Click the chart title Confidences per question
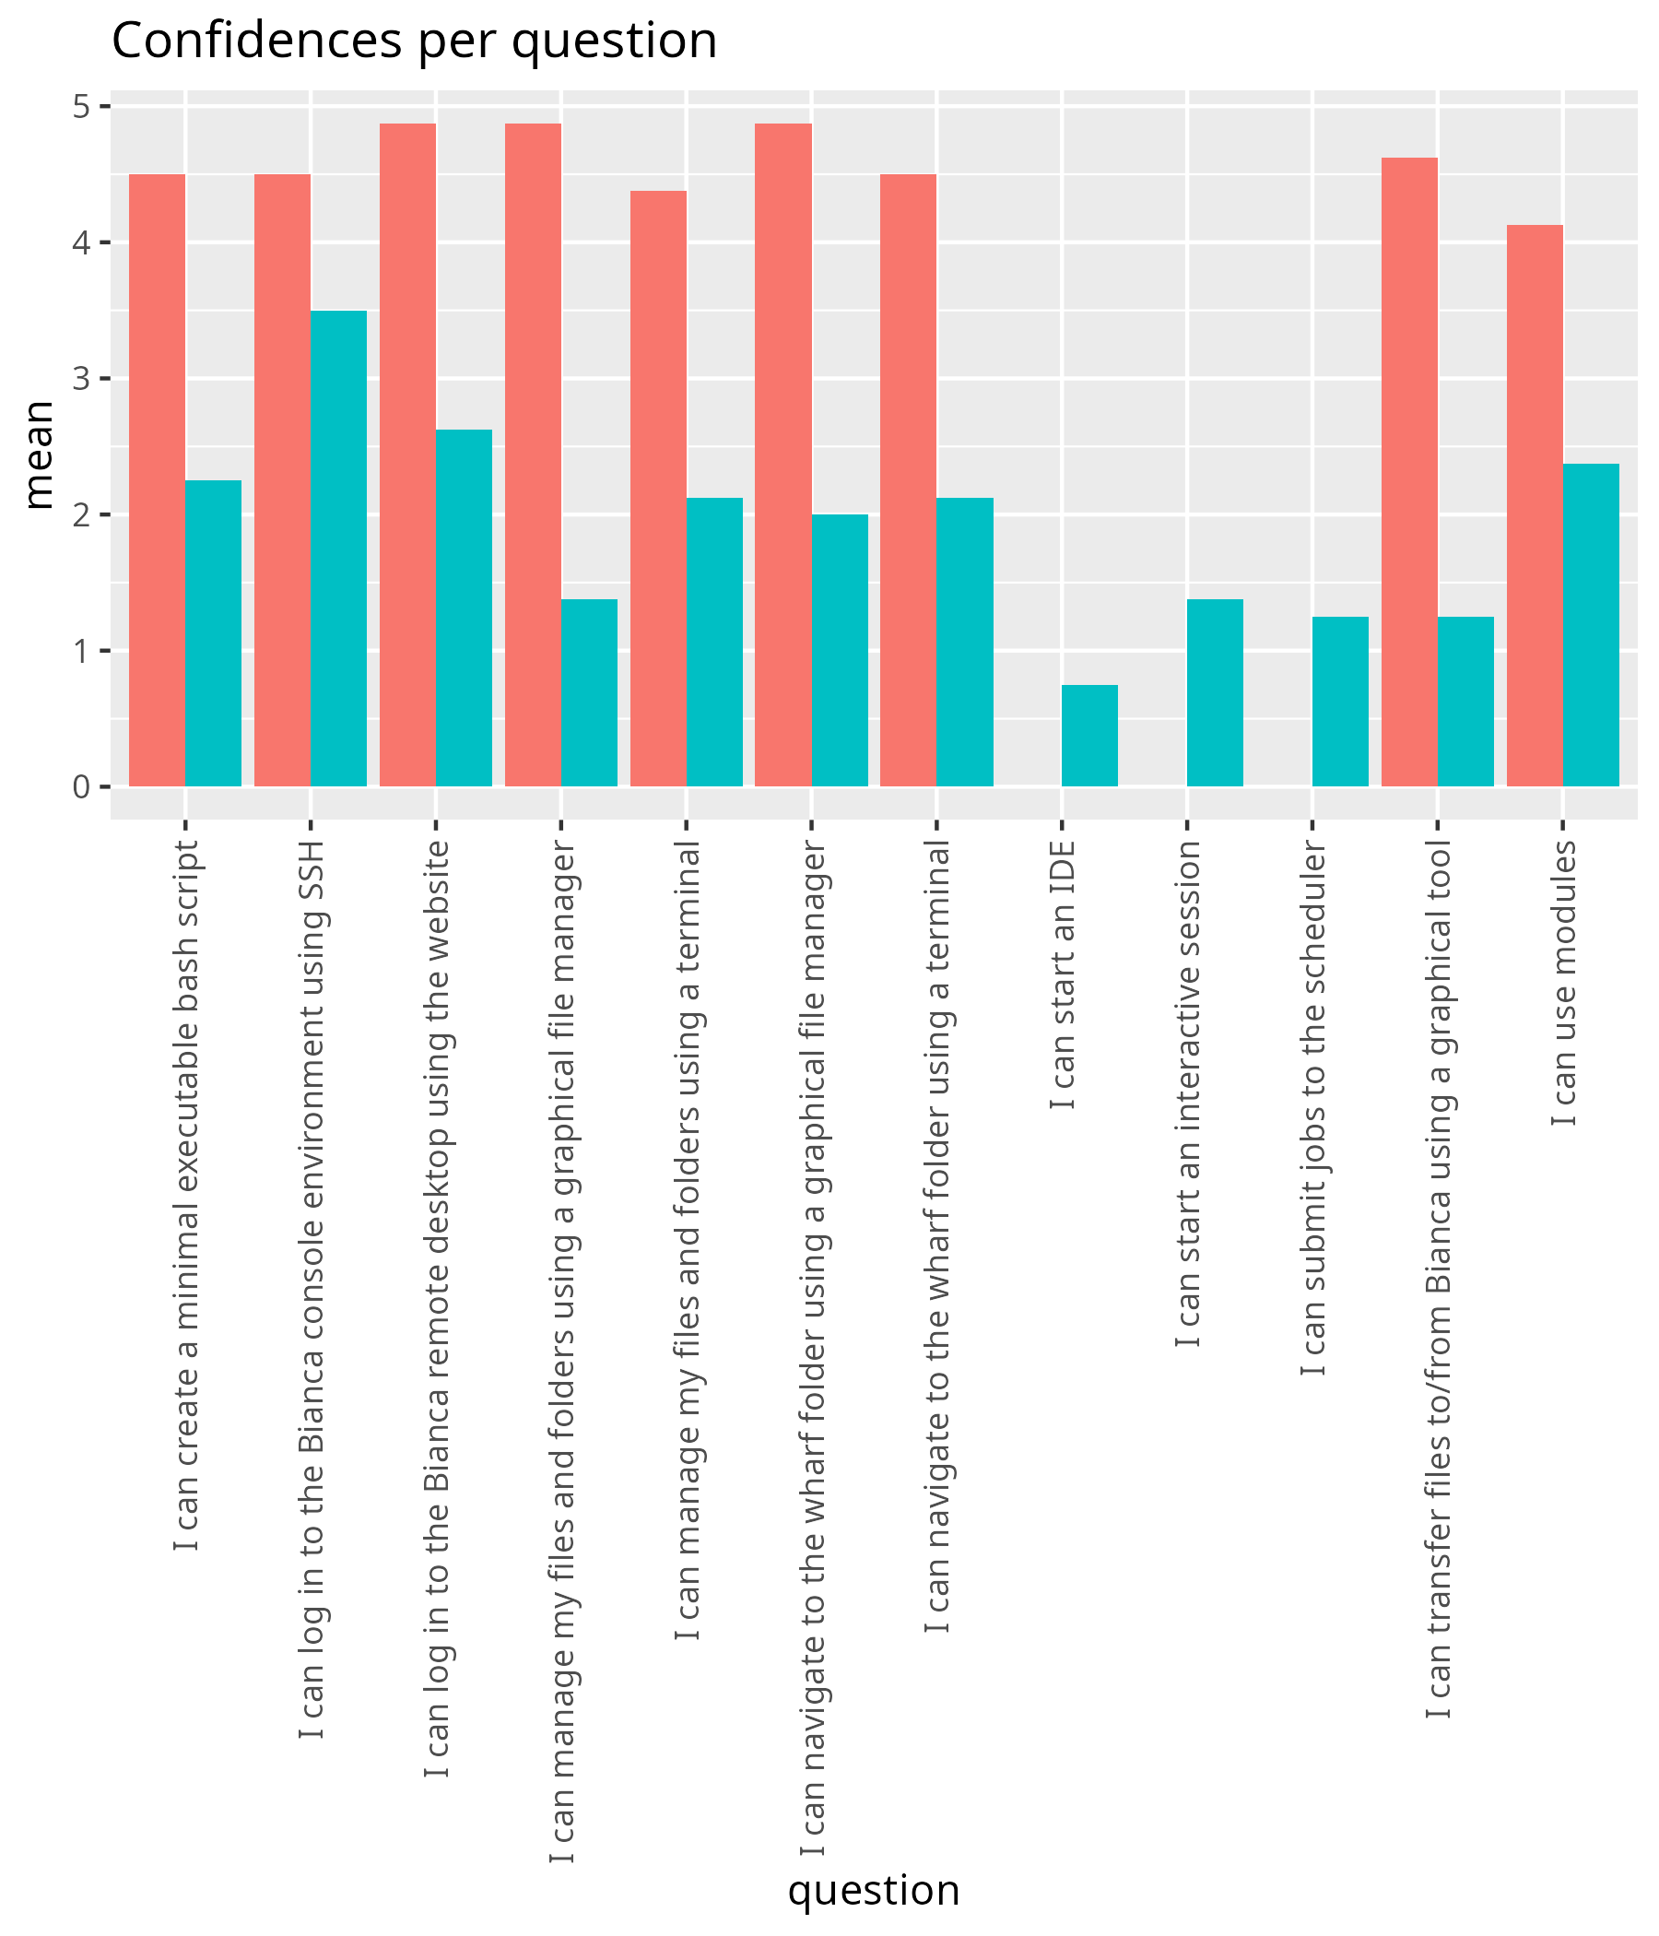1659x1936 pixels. [414, 42]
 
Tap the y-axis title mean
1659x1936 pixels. [40, 454]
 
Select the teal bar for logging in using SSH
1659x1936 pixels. [338, 549]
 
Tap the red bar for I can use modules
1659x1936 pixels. [1535, 505]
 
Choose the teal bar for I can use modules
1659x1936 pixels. [1591, 625]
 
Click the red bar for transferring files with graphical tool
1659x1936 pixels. [1408, 472]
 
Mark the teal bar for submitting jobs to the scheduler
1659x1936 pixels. [1339, 702]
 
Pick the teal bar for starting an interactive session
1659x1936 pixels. [1215, 693]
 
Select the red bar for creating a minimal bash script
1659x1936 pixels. [157, 480]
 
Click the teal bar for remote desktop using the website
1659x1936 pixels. [464, 608]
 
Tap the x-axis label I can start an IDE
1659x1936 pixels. [1063, 975]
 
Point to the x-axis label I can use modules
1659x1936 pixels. [1564, 983]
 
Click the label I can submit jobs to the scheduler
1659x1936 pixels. [1313, 1108]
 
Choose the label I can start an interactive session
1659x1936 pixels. [1188, 1093]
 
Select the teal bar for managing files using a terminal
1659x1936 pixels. [714, 642]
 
